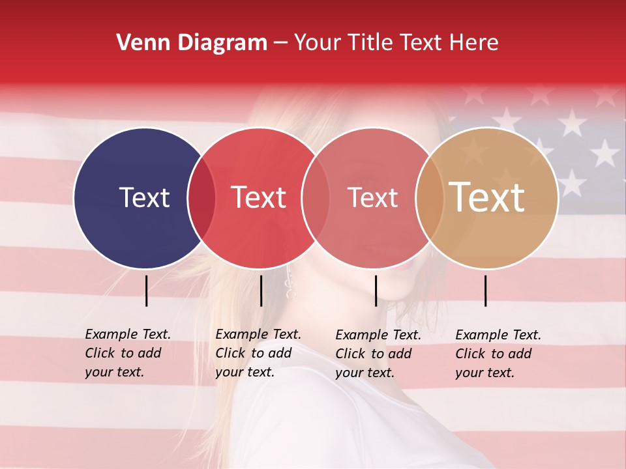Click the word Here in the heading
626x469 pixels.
pyautogui.click(x=475, y=43)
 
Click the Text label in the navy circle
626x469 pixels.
pyautogui.click(x=144, y=197)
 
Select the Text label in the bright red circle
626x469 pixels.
pyautogui.click(x=259, y=197)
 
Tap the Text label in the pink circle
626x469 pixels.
pyautogui.click(x=372, y=197)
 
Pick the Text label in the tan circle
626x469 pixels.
pyautogui.click(x=487, y=197)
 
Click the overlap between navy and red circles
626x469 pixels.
pyautogui.click(x=201, y=198)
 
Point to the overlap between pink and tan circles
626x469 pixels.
pyautogui.click(x=429, y=198)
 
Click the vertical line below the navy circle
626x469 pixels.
pyautogui.click(x=146, y=291)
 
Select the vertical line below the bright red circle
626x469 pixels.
pyautogui.click(x=261, y=291)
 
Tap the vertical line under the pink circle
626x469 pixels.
pyautogui.click(x=376, y=291)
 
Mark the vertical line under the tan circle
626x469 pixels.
pyautogui.click(x=486, y=291)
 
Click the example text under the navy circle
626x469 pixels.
pyautogui.click(x=128, y=353)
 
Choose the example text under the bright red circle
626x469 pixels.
pyautogui.click(x=258, y=353)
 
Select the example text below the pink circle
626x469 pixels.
pyautogui.click(x=378, y=354)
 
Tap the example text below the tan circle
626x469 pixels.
pyautogui.click(x=498, y=354)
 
